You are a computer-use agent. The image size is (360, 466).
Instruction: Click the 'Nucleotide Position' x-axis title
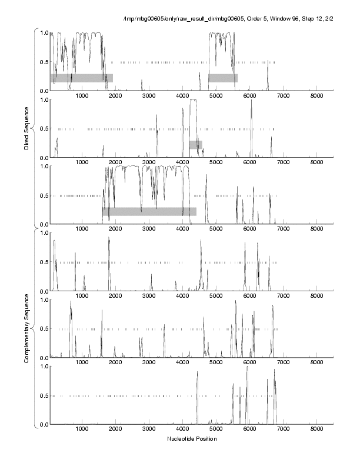pyautogui.click(x=192, y=439)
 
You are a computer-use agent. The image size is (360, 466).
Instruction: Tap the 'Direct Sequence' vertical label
pyautogui.click(x=26, y=129)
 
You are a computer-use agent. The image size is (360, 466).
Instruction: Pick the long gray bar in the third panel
pyautogui.click(x=149, y=211)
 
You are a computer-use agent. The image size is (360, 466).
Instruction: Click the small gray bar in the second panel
pyautogui.click(x=195, y=145)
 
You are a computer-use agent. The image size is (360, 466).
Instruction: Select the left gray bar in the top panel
pyautogui.click(x=81, y=78)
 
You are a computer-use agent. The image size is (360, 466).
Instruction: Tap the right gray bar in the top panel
pyautogui.click(x=223, y=78)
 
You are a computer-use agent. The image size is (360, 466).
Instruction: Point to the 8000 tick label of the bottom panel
pyautogui.click(x=316, y=430)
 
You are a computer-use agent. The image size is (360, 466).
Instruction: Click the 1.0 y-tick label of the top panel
pyautogui.click(x=43, y=32)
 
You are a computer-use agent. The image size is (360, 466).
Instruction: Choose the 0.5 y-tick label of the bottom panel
pyautogui.click(x=43, y=395)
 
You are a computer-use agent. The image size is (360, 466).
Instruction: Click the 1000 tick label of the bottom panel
pyautogui.click(x=82, y=430)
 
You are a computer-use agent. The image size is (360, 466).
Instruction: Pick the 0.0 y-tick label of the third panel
pyautogui.click(x=43, y=224)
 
